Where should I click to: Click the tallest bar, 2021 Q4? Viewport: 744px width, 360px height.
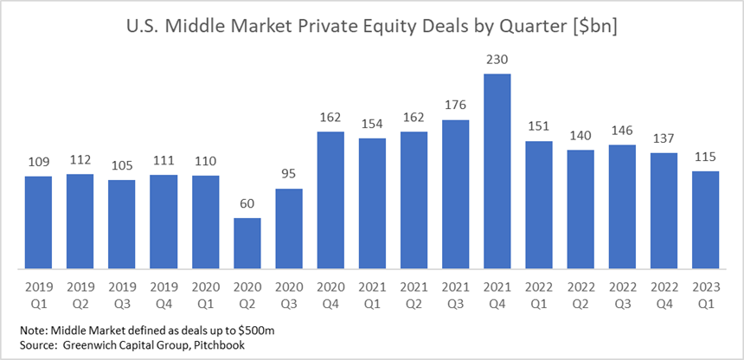pyautogui.click(x=497, y=171)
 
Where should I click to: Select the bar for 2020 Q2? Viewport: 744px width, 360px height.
pyautogui.click(x=247, y=243)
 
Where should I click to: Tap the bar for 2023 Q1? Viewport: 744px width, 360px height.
pyautogui.click(x=706, y=220)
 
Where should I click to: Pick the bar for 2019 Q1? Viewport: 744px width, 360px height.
pyautogui.click(x=38, y=222)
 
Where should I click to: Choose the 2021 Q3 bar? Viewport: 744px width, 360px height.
pyautogui.click(x=456, y=194)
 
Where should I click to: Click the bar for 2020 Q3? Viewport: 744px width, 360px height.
pyautogui.click(x=289, y=228)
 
